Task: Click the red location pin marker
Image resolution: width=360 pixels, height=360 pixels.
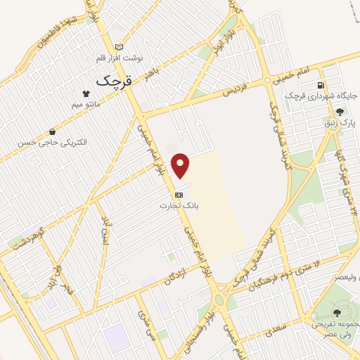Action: [181, 165]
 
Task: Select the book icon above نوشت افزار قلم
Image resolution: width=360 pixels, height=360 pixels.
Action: [108, 46]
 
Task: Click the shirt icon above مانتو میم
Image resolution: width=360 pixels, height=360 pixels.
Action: [86, 94]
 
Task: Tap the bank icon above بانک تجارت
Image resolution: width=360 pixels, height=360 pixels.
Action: [179, 194]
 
